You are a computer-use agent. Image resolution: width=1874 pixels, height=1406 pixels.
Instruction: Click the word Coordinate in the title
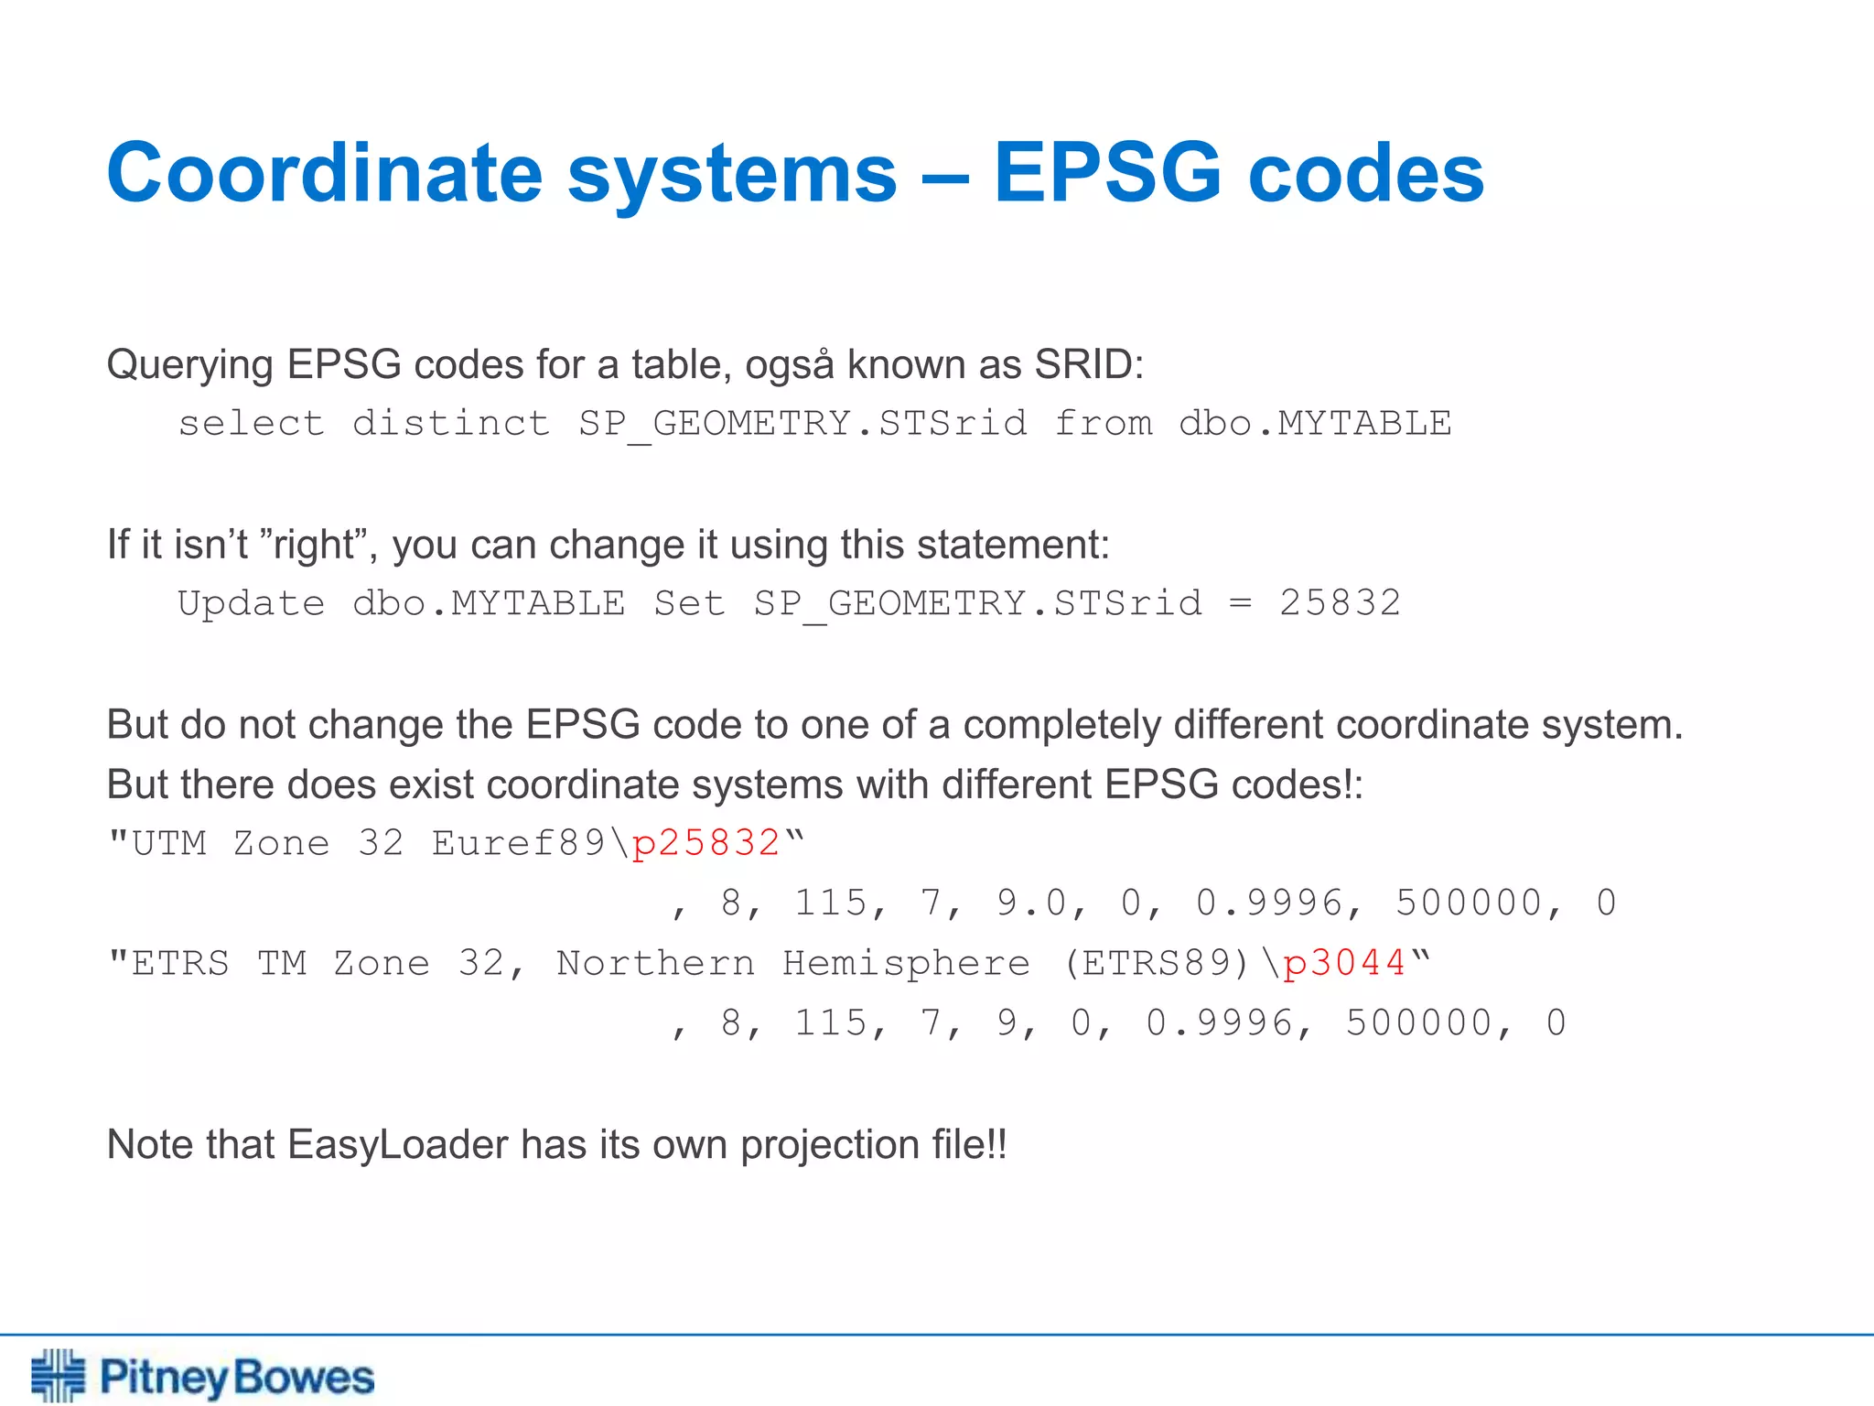pyautogui.click(x=325, y=173)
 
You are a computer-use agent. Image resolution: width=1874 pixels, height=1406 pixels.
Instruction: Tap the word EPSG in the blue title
pyautogui.click(x=1107, y=173)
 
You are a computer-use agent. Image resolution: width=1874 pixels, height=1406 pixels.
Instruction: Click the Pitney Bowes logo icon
pyautogui.click(x=58, y=1375)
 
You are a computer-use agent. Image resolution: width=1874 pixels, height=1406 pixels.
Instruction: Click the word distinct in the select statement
pyautogui.click(x=451, y=424)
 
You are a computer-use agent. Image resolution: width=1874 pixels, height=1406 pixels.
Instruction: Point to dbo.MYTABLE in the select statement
pyautogui.click(x=1315, y=424)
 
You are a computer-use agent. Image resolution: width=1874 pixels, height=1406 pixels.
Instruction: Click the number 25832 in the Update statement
pyautogui.click(x=1340, y=603)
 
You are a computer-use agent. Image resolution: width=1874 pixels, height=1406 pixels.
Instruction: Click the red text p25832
pyautogui.click(x=705, y=843)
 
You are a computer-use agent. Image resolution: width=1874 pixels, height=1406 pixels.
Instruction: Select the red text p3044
pyautogui.click(x=1344, y=963)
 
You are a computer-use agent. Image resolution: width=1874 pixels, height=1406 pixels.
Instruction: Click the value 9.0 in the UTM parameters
pyautogui.click(x=1031, y=903)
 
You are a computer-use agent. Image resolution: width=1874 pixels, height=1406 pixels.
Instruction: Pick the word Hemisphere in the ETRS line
pyautogui.click(x=906, y=963)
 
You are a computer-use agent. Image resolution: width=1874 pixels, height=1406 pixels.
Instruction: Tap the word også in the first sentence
pyautogui.click(x=789, y=365)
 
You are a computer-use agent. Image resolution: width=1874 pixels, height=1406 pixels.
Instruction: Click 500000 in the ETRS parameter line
pyautogui.click(x=1419, y=1022)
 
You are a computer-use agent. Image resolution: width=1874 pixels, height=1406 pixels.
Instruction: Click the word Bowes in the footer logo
pyautogui.click(x=304, y=1378)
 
